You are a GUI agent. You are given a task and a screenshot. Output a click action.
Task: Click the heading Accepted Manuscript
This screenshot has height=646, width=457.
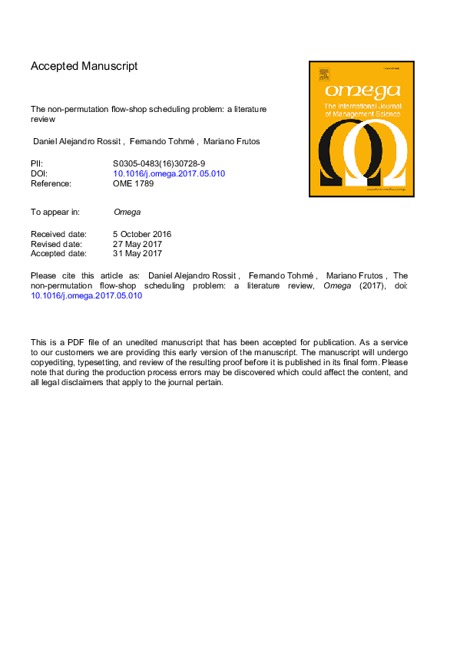coord(84,66)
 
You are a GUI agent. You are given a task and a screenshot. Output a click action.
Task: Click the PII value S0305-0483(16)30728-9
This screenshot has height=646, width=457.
coord(157,163)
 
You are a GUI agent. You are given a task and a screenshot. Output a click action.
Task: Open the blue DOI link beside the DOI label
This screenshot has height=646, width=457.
coord(169,173)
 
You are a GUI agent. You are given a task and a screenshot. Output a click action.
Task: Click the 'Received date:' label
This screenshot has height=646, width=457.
coord(58,234)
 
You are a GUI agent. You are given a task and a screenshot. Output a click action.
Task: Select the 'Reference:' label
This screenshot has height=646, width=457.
coord(51,183)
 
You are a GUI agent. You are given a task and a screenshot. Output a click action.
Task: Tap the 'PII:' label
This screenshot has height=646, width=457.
coord(37,163)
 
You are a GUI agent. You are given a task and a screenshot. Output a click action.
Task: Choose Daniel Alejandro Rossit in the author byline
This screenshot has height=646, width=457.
coord(74,142)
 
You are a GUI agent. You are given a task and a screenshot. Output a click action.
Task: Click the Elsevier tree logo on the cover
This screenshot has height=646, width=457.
coord(323,74)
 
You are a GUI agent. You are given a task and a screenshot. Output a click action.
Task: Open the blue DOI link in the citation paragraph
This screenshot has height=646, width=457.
coord(87,296)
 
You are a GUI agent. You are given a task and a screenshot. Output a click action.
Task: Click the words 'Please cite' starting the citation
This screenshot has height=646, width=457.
coord(48,276)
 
